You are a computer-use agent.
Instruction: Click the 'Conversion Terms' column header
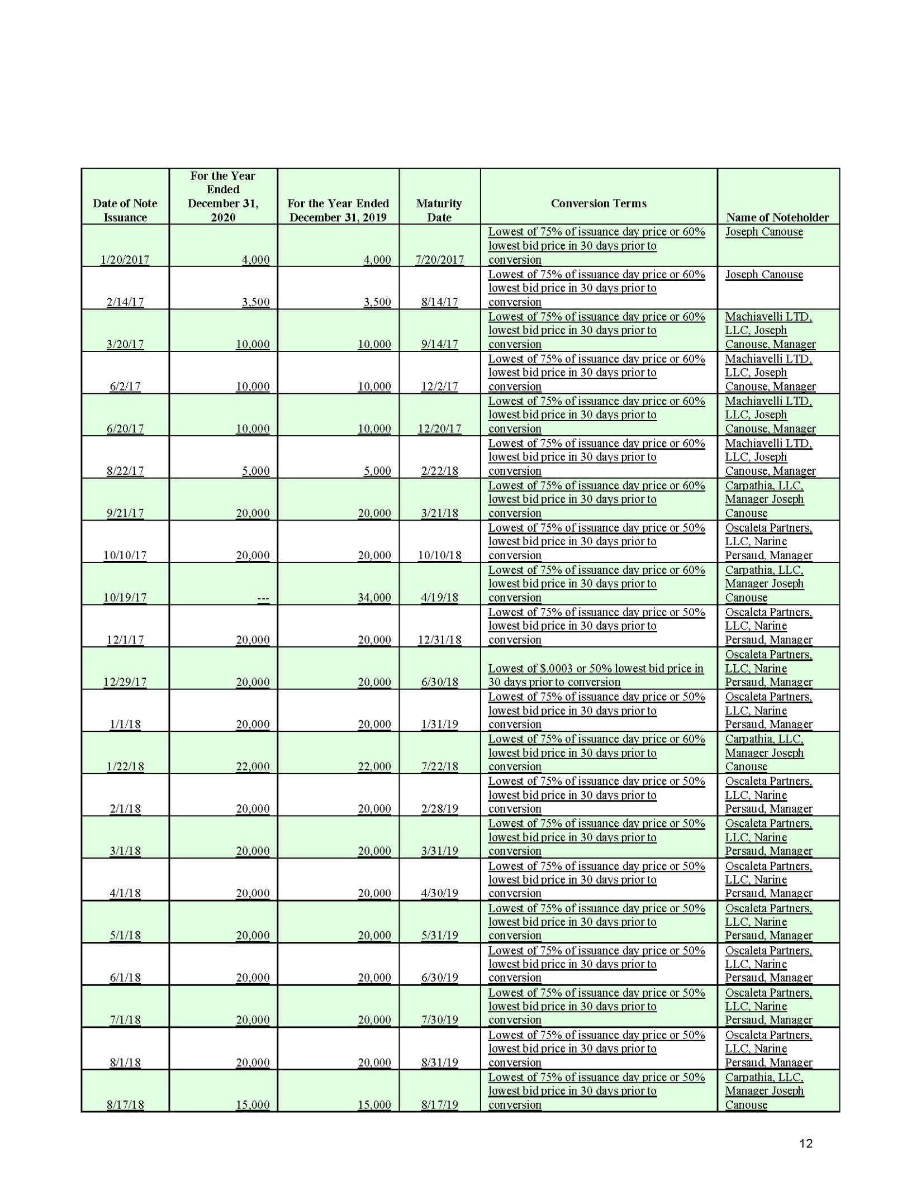(x=598, y=203)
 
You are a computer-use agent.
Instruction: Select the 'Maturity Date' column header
(x=439, y=210)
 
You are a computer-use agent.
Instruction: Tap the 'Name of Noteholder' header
(x=777, y=217)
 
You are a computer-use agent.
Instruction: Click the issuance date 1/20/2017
(x=125, y=260)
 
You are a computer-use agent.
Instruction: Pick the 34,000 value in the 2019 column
(x=374, y=597)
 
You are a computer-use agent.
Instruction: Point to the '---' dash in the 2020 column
(x=263, y=597)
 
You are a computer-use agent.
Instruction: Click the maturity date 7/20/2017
(x=439, y=260)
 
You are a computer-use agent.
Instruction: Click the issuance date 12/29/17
(x=125, y=682)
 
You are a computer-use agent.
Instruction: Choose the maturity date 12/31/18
(x=439, y=640)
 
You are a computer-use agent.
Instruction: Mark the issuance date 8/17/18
(x=125, y=1104)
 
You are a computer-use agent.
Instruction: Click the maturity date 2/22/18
(x=439, y=471)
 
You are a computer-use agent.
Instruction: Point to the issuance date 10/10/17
(x=125, y=555)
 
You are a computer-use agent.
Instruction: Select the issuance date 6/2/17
(x=125, y=387)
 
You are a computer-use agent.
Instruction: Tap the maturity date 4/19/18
(x=439, y=597)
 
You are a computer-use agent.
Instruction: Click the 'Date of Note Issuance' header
(x=125, y=210)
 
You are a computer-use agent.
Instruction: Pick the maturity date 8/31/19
(x=439, y=1063)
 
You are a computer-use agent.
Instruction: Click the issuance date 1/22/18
(x=125, y=766)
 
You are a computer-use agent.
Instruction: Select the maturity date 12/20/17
(x=439, y=428)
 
